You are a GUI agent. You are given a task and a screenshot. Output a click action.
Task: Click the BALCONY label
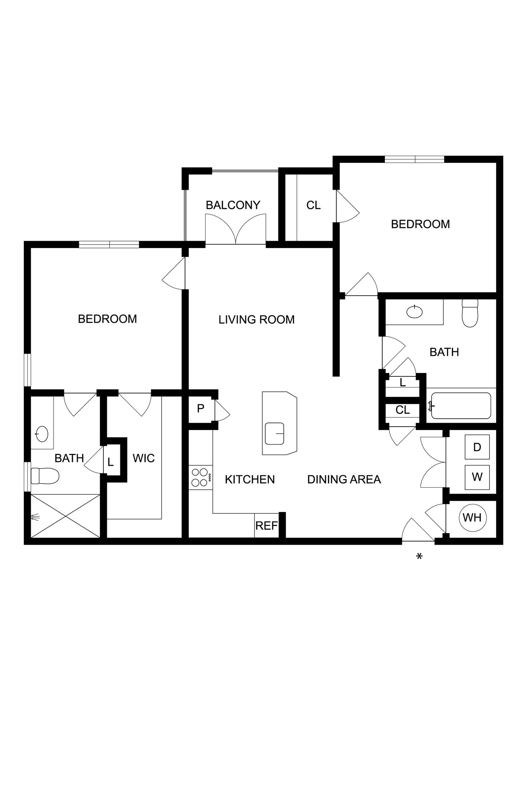coord(233,205)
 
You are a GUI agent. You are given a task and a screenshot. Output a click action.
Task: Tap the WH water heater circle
coord(472,517)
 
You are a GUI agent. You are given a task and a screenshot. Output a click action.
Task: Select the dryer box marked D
coord(477,447)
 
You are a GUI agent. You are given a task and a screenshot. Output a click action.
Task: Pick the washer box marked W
coord(477,477)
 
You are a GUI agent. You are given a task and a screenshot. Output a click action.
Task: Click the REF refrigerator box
coord(266,526)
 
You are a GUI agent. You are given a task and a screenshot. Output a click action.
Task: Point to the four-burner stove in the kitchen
coord(200,477)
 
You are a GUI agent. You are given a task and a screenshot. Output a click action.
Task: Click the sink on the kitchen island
coord(274,434)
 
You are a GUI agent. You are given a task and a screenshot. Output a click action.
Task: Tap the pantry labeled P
coord(200,409)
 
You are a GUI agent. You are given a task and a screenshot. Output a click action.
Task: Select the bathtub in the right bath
coord(461,406)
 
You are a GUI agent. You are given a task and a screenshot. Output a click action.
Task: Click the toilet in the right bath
coord(470,314)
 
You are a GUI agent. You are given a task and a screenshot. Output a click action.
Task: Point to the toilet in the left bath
coord(45,476)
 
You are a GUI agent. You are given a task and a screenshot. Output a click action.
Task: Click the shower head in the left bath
coord(35,518)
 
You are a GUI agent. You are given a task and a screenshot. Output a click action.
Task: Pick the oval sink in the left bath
coord(41,434)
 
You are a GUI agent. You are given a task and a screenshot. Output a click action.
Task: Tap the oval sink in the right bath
coord(414,312)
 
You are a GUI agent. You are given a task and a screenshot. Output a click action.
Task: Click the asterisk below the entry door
coord(419,557)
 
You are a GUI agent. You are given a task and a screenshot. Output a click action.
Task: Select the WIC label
coord(144,458)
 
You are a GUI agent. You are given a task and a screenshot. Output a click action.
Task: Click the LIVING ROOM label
coord(257,320)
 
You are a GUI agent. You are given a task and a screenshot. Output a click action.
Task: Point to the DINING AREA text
coord(344,480)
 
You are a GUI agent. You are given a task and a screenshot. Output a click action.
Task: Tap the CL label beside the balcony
coord(313,205)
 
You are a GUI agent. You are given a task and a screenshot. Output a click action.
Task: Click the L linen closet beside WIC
coord(111,462)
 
